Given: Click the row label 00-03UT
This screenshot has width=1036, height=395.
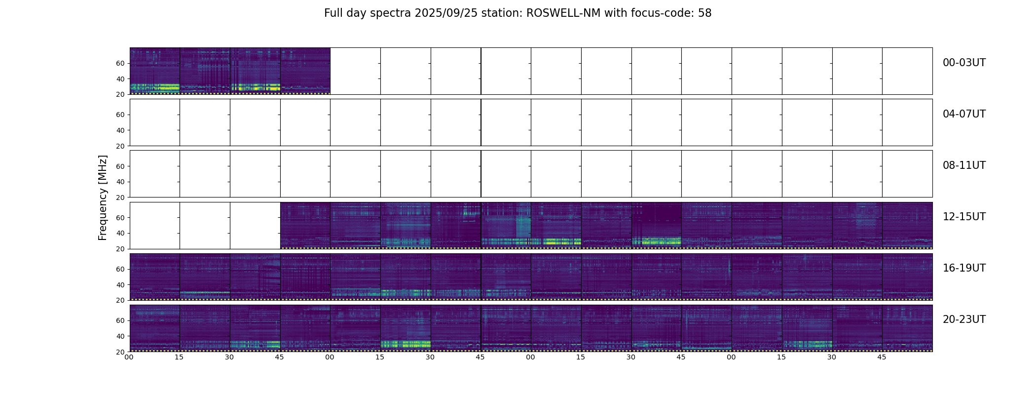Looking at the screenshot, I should coord(964,63).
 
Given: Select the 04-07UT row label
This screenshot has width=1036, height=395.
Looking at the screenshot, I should coord(964,114).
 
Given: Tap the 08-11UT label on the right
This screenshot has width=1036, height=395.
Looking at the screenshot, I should coord(964,165).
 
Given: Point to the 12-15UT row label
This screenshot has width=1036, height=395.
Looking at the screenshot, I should coord(964,217).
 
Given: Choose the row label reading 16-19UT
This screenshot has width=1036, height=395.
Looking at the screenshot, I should coord(964,268).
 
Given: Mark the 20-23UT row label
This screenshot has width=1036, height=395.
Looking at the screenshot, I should coord(964,319).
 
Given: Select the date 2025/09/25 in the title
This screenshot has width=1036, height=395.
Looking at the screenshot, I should coord(443,13).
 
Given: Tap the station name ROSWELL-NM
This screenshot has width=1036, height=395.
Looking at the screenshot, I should coord(563,13).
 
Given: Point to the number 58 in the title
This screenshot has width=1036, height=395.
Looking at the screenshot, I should coord(705,13).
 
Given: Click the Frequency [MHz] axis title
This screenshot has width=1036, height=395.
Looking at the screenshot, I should coord(103,197).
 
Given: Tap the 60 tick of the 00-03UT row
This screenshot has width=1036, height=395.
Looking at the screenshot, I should coord(120,63).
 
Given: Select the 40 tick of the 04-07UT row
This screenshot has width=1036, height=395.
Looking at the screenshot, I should coord(120,130).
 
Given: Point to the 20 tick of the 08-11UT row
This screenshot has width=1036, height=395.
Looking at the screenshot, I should coord(120,197).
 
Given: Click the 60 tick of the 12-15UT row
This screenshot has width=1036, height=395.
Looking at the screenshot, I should coord(120,217).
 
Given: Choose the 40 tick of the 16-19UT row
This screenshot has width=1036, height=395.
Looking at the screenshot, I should coord(120,285).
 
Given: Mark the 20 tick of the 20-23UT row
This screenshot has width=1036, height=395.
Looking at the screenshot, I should coord(120,352).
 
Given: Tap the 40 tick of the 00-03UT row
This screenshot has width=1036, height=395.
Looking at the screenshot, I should coord(120,79).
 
